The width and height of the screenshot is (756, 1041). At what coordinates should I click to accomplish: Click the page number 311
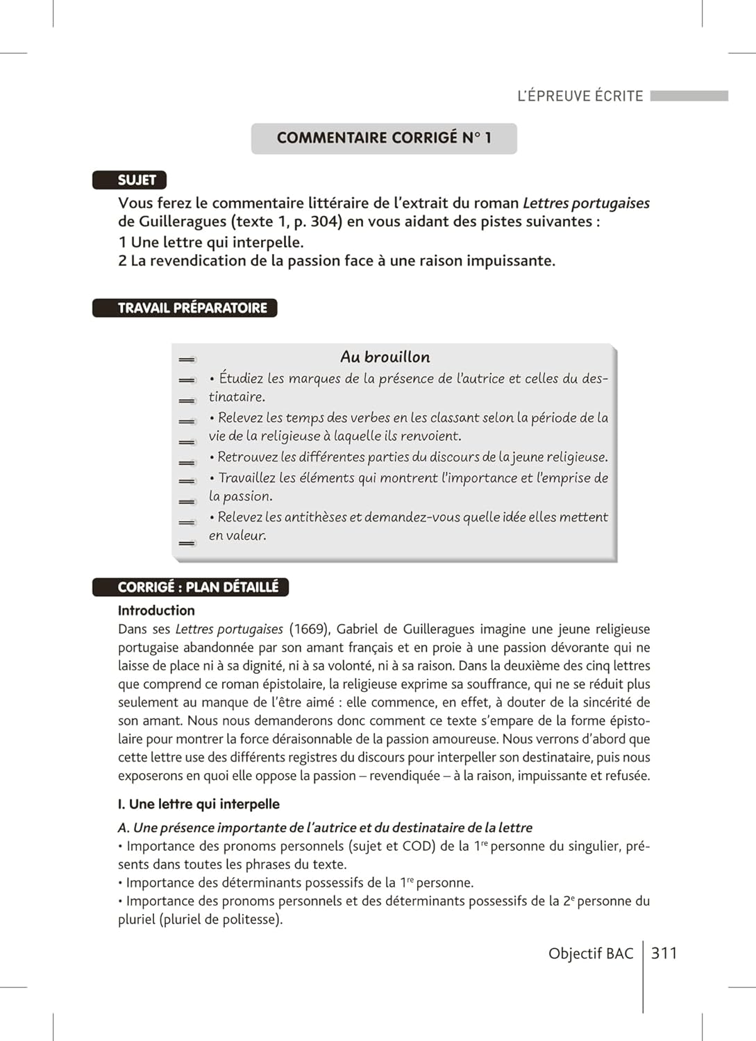point(664,953)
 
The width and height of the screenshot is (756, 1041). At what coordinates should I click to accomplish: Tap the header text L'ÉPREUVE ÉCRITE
point(580,96)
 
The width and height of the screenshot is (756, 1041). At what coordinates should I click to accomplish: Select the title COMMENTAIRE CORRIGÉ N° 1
point(384,138)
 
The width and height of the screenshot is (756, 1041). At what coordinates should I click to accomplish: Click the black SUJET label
point(130,180)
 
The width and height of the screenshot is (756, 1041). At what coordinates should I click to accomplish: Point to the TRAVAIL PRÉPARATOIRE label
point(185,308)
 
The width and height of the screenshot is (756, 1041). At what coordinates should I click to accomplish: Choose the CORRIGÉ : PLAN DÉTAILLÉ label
point(191,587)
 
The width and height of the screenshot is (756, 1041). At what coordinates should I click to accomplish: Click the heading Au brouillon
point(385,357)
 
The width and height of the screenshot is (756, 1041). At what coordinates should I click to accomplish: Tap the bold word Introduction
point(156,611)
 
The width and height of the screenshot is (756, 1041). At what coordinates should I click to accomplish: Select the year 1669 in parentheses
point(309,629)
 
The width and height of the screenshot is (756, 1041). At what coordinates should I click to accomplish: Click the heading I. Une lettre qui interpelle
point(199,804)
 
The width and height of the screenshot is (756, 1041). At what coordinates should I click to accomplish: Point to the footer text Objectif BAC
point(591,954)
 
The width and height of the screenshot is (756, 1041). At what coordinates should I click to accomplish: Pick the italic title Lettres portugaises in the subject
point(586,203)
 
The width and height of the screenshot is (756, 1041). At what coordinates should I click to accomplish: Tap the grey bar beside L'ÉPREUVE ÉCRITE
point(689,96)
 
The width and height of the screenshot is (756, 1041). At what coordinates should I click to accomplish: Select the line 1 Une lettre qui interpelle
point(211,242)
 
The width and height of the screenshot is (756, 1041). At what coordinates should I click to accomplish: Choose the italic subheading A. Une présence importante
point(325,828)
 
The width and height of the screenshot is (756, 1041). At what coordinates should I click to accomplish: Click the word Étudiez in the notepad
point(241,378)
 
